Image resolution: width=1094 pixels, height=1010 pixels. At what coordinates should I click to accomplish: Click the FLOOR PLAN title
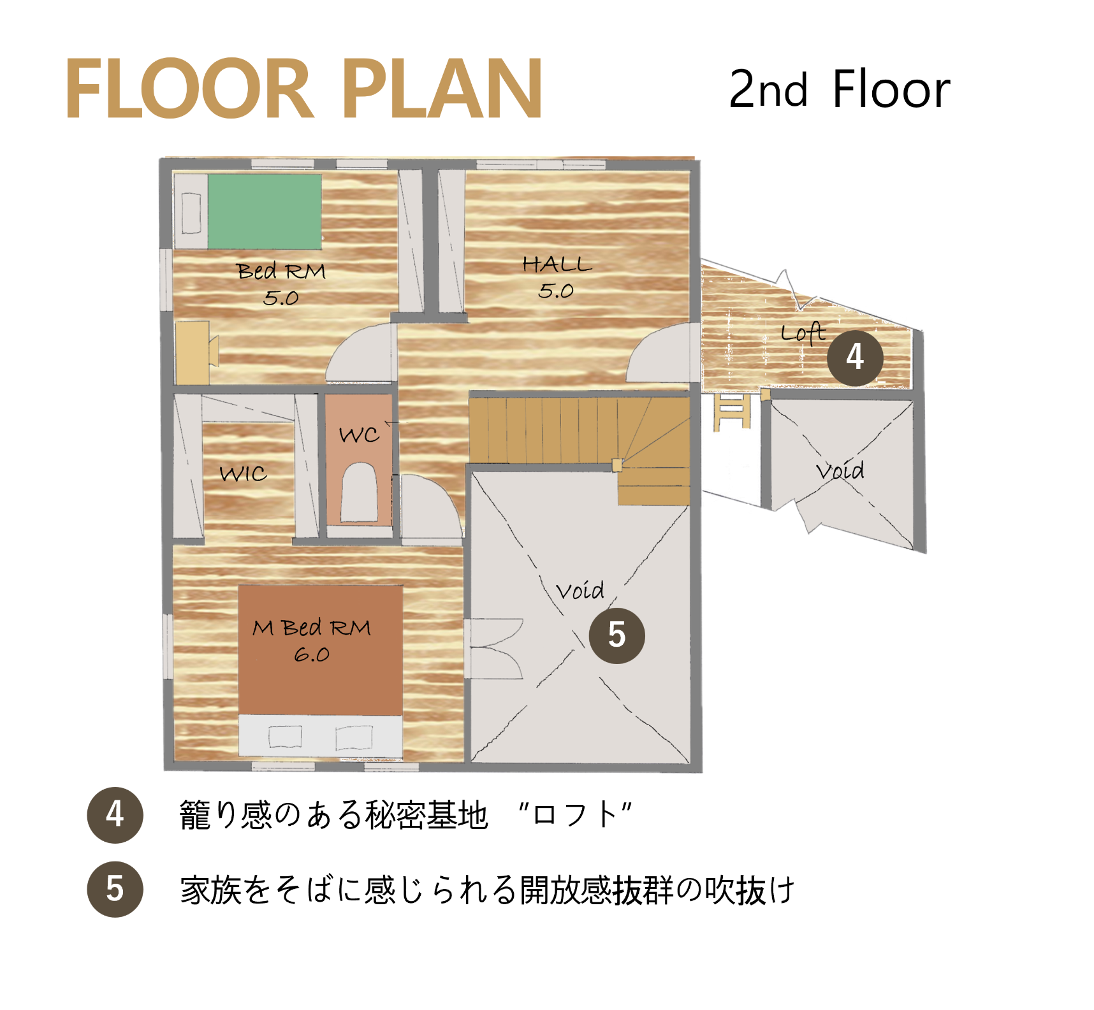coord(303,88)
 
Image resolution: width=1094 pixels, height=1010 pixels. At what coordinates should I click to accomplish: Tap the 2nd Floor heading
coord(839,89)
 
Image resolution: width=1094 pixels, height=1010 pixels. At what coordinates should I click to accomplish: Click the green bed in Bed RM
coord(264,211)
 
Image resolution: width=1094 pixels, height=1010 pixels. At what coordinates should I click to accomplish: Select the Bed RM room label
coord(281,284)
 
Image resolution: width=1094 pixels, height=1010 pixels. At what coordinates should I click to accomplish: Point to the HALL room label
coord(557,277)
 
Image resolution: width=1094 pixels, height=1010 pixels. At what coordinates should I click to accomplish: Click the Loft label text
coord(803,333)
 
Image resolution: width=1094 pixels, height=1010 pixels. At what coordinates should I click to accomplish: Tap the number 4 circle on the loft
coord(855,357)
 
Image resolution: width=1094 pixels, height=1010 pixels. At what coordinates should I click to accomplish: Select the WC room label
coord(359,435)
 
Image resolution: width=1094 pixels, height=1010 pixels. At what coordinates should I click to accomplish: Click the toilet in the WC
coord(359,493)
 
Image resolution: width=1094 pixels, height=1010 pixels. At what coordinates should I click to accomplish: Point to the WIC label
coord(243,473)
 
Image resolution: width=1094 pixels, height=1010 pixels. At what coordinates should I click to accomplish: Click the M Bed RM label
coord(312,640)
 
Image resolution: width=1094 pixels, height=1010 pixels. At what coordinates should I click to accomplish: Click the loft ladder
coord(732,412)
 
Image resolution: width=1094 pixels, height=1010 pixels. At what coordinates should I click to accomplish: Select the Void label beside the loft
coord(840,471)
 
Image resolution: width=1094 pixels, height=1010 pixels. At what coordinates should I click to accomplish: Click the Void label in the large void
coord(580,591)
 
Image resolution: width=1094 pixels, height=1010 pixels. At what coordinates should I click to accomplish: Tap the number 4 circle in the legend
coord(115,815)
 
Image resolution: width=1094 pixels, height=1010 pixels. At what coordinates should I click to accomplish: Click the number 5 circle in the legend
coord(115,889)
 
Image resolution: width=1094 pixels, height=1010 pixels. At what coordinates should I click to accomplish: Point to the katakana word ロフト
coord(575,815)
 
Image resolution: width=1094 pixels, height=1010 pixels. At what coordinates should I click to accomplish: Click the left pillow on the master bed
coord(285,737)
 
